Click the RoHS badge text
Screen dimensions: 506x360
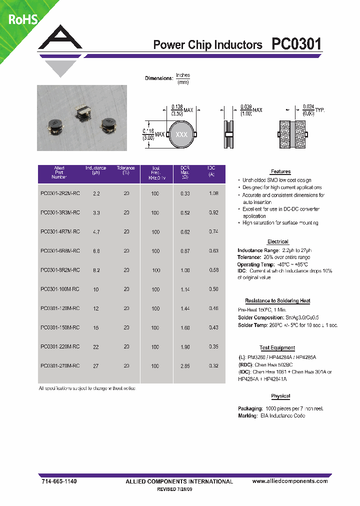22,19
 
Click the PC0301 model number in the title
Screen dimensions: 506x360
296,44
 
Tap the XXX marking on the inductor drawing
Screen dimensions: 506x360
181,135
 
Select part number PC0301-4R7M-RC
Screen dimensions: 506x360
59,232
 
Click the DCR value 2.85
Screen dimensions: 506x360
185,366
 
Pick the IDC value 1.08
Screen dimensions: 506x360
213,193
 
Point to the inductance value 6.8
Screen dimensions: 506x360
96,251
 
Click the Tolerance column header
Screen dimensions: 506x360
126,170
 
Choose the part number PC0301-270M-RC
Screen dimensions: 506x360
59,366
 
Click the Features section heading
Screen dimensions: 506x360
280,171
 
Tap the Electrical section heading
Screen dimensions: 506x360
277,241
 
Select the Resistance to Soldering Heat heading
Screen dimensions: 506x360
277,301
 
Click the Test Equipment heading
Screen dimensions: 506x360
277,348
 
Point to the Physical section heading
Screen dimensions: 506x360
280,396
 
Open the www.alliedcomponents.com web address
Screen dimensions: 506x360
290,481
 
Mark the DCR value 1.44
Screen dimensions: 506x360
185,308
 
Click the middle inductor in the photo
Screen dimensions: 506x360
81,109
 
